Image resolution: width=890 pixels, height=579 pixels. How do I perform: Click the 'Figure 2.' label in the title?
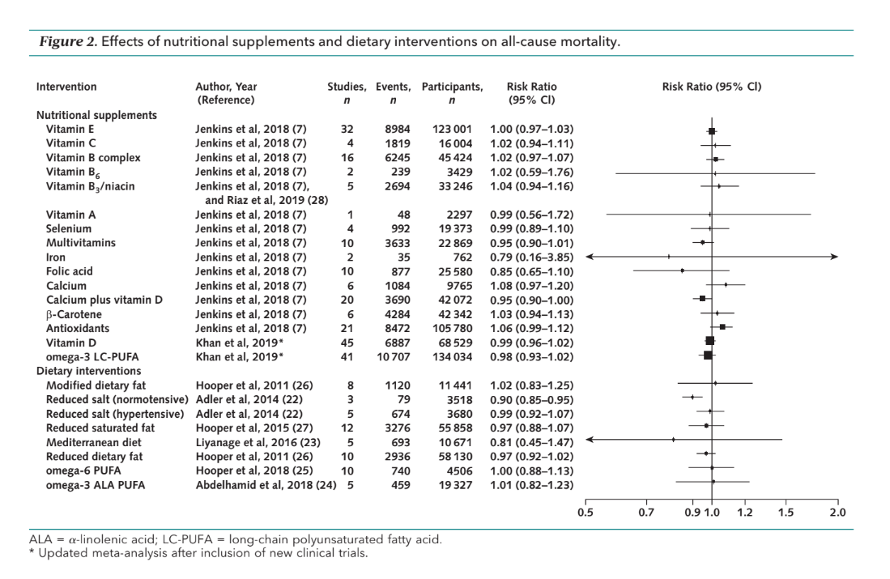pos(68,41)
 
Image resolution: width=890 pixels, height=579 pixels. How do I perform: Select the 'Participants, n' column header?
pos(452,93)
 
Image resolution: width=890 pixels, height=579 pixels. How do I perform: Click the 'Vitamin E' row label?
pos(70,129)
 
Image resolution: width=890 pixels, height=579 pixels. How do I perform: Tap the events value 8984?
pos(398,129)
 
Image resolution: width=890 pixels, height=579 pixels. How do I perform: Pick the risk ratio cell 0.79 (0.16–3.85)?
pos(531,258)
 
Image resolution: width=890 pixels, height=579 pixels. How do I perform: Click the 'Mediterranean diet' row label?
pos(94,442)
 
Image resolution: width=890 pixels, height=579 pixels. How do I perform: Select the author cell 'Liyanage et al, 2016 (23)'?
pos(258,442)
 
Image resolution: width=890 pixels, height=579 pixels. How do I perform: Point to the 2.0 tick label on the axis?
pos(837,512)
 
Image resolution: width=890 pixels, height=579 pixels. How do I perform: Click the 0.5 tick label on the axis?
pos(586,512)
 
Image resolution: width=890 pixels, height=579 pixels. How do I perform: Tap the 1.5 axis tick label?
pos(786,512)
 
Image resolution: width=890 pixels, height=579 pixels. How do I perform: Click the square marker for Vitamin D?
pos(709,341)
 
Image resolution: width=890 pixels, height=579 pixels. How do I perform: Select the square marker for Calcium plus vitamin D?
pos(702,298)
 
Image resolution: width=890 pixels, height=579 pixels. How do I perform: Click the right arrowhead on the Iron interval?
pos(834,257)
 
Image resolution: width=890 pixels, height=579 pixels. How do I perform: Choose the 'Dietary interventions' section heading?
pos(88,371)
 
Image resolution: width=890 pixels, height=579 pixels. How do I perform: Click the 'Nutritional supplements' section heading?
pos(96,115)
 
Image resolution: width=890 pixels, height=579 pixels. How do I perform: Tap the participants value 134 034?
pos(452,356)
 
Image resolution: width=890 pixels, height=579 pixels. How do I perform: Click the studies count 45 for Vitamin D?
pos(347,343)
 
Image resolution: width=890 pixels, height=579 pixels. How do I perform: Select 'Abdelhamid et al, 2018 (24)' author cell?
pos(266,485)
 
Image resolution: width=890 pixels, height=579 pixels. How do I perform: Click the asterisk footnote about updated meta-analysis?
pos(198,552)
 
